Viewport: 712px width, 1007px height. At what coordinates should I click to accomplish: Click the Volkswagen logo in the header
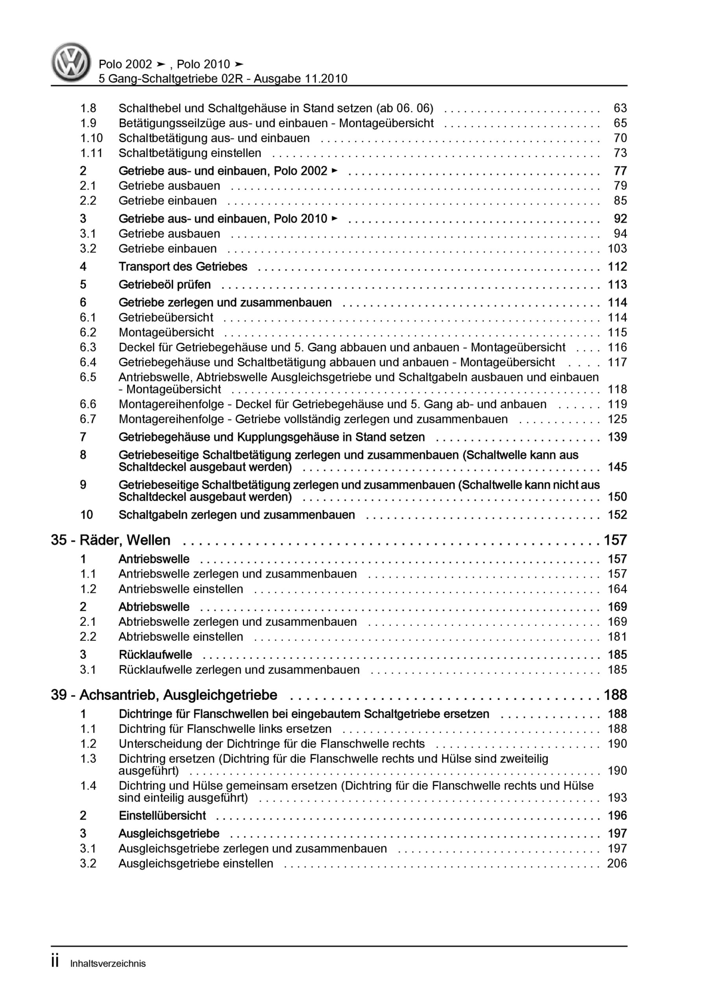pos(71,62)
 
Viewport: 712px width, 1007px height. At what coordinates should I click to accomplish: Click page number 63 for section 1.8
pos(620,108)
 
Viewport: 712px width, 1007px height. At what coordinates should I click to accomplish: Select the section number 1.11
pos(91,153)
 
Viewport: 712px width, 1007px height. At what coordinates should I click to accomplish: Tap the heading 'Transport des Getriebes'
pos(183,267)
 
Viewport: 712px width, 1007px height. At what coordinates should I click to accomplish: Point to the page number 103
pos(617,249)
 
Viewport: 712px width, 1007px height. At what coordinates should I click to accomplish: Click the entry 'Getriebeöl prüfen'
pos(165,285)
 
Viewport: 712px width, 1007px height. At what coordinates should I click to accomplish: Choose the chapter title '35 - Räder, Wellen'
pos(111,540)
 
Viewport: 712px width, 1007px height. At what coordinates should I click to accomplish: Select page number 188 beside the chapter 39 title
pos(615,695)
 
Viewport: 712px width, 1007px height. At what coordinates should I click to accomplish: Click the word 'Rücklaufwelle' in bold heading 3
pos(155,655)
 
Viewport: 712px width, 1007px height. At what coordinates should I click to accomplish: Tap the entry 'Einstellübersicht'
pos(162,815)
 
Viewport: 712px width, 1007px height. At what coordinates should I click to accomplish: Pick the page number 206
pos(617,863)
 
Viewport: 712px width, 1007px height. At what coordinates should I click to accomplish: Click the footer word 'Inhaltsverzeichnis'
pos(108,964)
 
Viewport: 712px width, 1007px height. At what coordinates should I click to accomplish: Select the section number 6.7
pos(88,419)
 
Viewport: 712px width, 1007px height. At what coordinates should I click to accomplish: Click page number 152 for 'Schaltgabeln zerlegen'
pos(617,515)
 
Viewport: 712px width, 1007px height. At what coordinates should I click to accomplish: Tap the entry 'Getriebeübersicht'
pos(166,317)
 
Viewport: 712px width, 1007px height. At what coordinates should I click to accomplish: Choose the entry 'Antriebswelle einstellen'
pos(180,589)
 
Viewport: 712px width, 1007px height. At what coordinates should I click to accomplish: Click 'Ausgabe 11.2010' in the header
pos(300,79)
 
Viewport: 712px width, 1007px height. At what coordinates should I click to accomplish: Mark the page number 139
pos(617,437)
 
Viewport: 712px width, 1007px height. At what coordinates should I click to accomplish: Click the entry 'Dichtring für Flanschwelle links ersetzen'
pos(225,729)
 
